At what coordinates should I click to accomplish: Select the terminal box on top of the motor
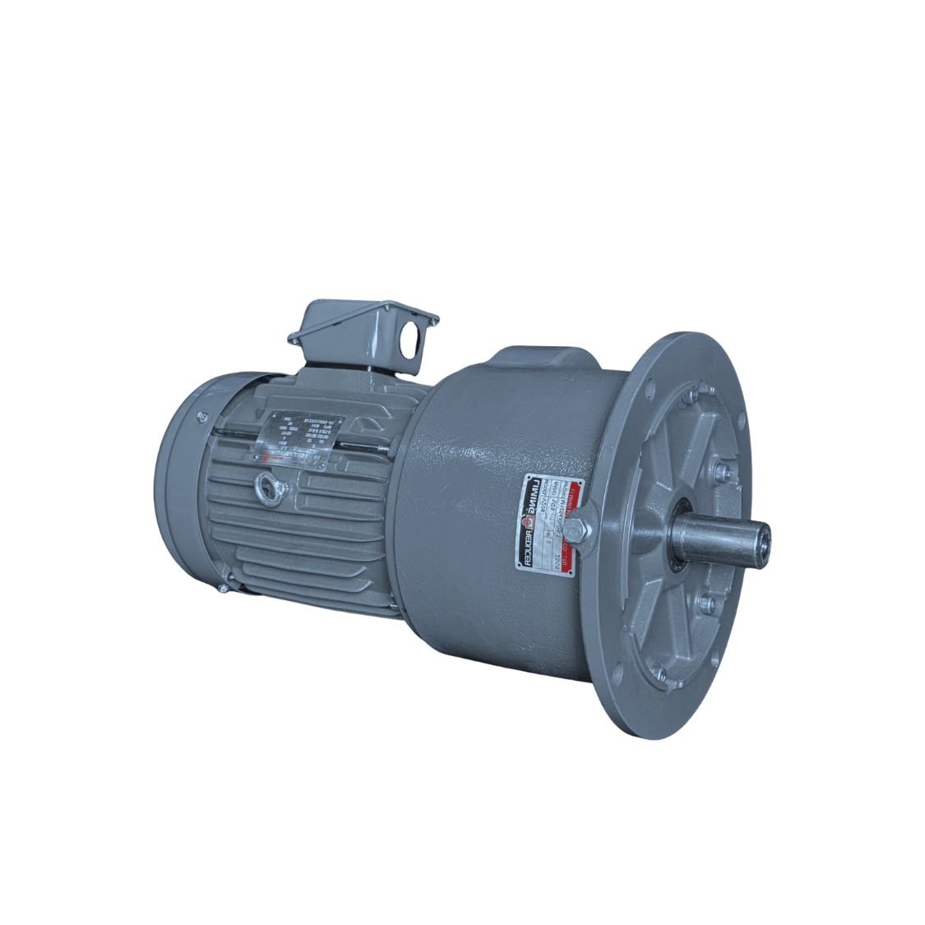[x=362, y=333]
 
